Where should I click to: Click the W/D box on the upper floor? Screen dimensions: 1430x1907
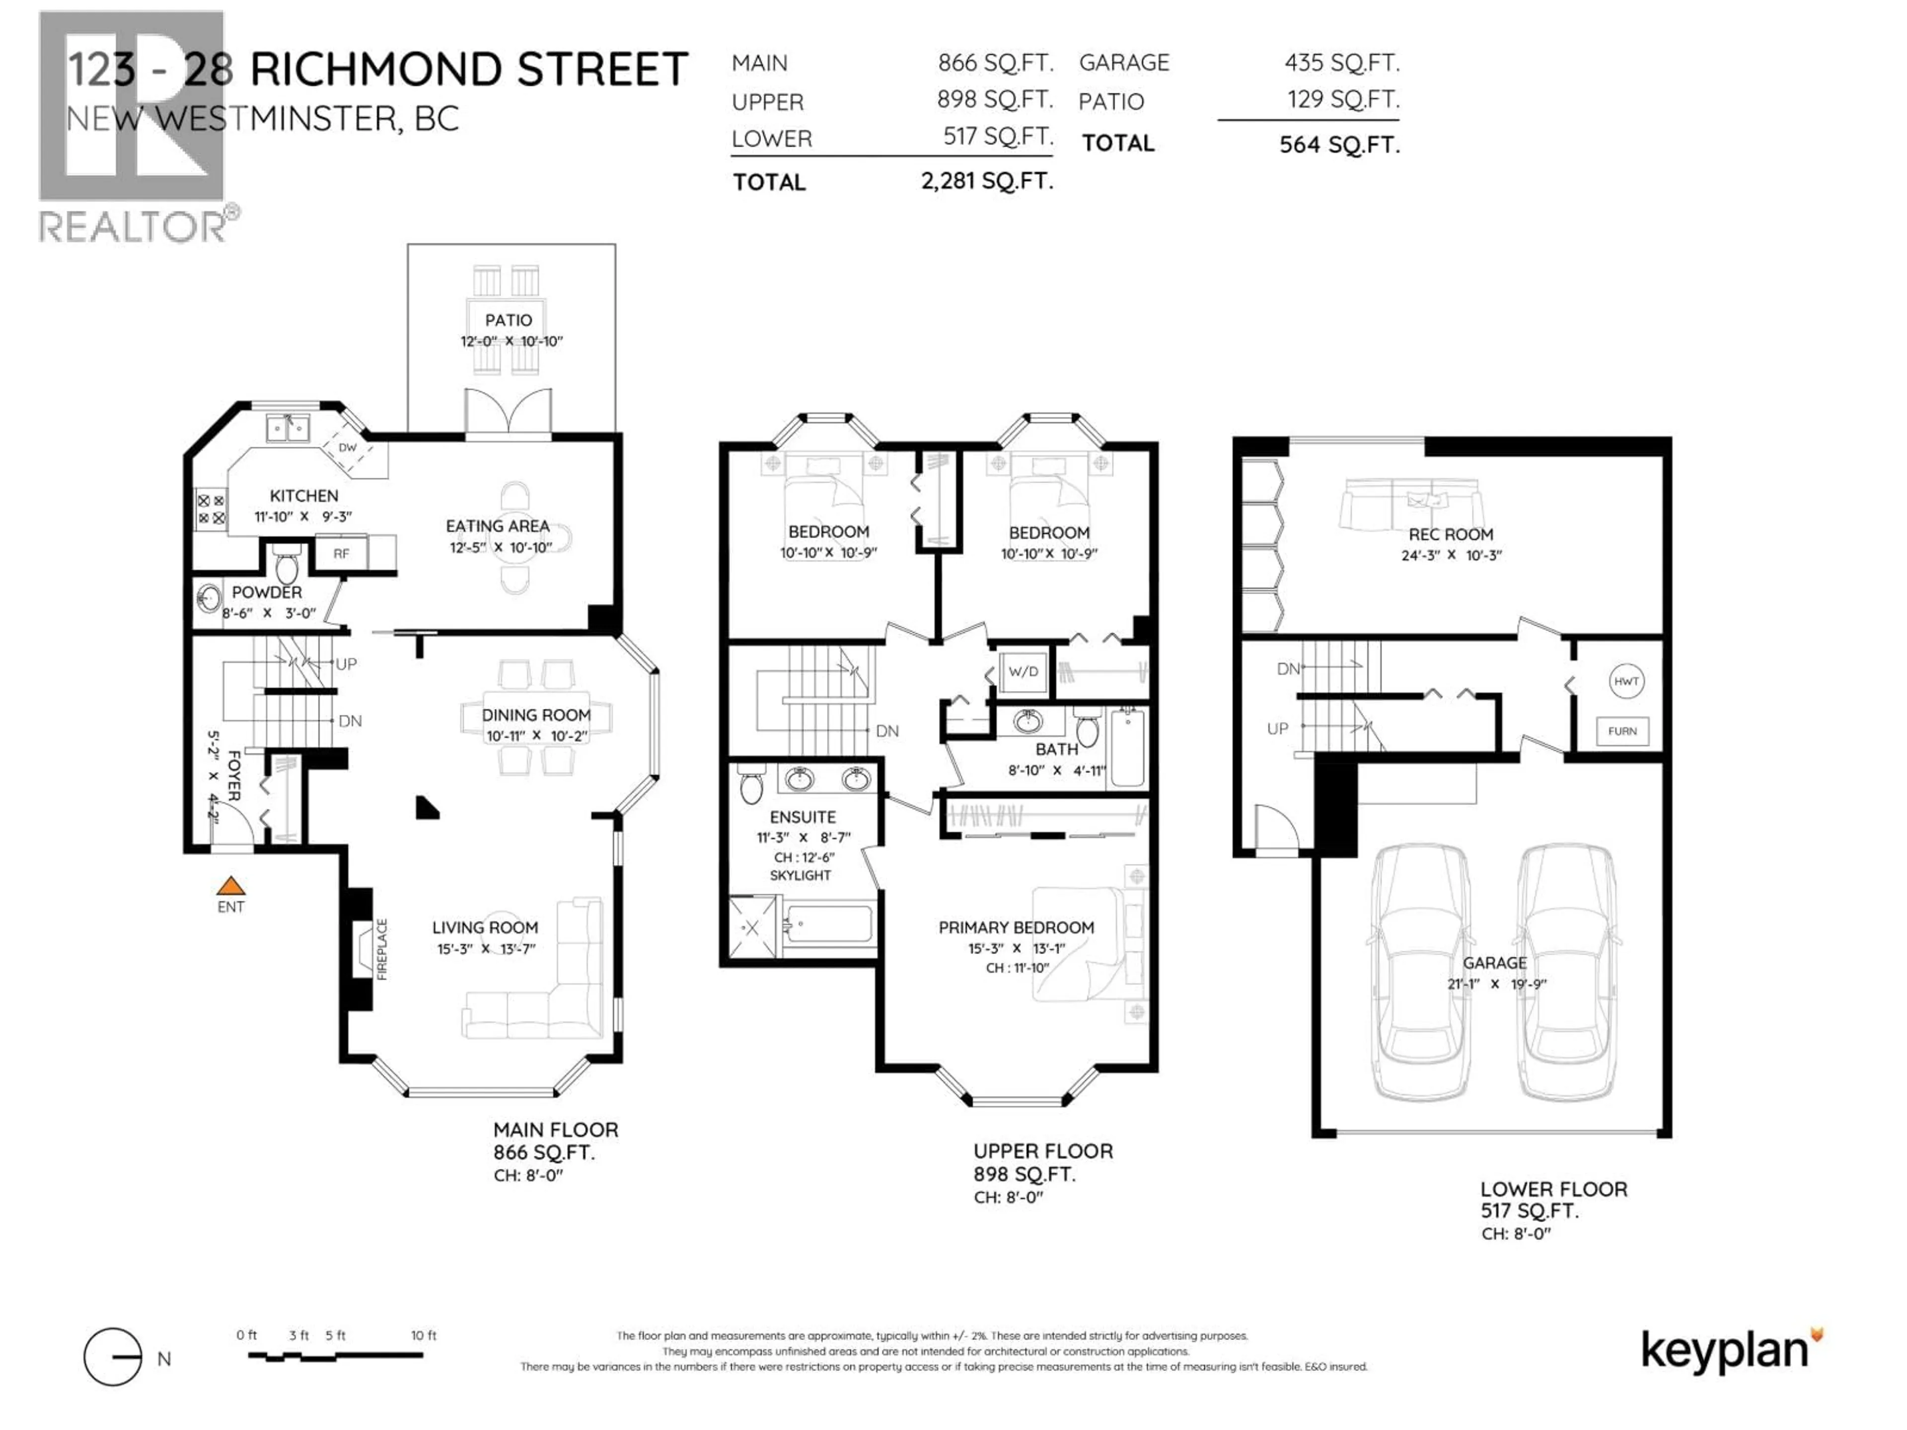click(x=1024, y=671)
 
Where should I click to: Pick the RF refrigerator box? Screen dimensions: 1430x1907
click(x=341, y=554)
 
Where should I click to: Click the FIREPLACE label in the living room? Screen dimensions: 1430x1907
click(x=382, y=949)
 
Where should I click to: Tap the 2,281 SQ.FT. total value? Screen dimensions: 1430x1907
click(x=987, y=181)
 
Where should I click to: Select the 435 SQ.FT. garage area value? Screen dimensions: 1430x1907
click(x=1341, y=63)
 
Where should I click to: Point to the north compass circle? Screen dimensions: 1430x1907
click(x=113, y=1358)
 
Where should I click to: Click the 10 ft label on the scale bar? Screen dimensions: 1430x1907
click(x=423, y=1335)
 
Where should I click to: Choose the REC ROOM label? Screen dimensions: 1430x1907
click(x=1451, y=534)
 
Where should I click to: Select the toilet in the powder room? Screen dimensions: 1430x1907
click(x=286, y=567)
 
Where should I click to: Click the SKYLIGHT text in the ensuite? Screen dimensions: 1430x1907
click(x=800, y=875)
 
